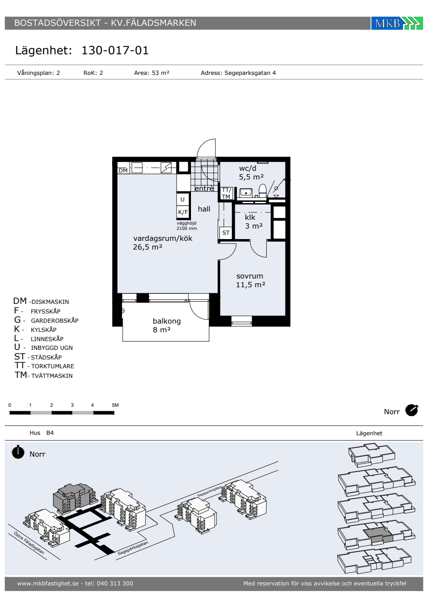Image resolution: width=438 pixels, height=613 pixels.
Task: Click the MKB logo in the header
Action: click(397, 23)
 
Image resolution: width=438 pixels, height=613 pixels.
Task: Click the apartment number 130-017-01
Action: click(115, 50)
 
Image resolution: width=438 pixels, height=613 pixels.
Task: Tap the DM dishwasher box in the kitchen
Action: click(123, 170)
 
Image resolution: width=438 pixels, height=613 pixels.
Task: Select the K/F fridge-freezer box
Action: click(183, 212)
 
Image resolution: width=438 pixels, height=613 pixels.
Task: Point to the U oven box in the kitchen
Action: click(183, 200)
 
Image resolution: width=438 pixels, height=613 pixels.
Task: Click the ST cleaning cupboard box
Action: click(226, 233)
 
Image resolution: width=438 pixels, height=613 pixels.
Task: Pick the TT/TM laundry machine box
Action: click(226, 193)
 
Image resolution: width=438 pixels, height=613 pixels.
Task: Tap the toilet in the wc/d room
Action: click(262, 190)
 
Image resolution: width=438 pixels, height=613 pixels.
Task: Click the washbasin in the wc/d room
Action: click(246, 193)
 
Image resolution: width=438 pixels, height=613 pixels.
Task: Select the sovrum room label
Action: click(250, 276)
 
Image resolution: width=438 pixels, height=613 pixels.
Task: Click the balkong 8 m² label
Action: click(167, 325)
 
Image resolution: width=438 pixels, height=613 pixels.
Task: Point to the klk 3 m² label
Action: click(254, 222)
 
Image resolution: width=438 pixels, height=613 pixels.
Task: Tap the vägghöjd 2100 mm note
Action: click(187, 226)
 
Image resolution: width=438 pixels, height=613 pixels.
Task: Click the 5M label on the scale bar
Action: click(115, 405)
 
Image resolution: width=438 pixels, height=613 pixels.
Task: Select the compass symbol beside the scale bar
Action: click(412, 410)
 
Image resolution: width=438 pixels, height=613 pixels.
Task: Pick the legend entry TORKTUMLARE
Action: click(53, 366)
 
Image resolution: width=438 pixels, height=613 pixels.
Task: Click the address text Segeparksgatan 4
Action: click(250, 73)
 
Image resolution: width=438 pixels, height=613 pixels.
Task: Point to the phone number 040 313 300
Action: click(115, 583)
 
